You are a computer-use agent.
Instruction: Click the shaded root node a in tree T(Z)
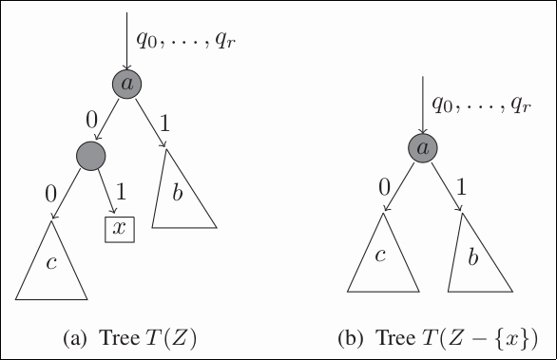(127, 85)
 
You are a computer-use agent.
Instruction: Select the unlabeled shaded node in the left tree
(90, 155)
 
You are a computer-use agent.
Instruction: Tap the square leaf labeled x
(119, 229)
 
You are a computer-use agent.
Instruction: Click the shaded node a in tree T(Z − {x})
(423, 148)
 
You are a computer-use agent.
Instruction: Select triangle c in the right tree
(383, 257)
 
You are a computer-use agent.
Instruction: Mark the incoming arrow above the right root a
(423, 104)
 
